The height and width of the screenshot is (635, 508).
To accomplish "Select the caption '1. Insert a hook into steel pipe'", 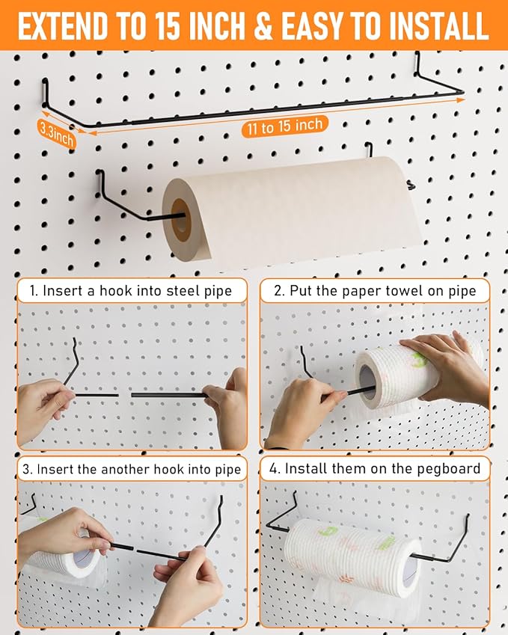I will point(131,291).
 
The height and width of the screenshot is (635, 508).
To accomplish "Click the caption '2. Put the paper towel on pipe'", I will point(375,291).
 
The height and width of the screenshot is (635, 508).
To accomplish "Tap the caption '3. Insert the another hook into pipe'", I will point(131,469).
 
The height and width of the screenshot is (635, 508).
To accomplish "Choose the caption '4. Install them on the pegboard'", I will point(375,469).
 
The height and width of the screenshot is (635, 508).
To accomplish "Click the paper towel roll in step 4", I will point(352,553).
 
